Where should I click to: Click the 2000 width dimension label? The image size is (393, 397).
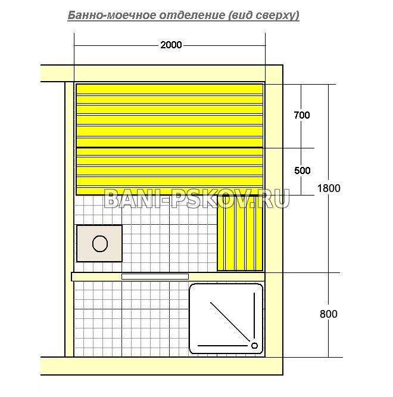[171, 45]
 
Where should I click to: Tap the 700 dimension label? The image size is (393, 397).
[302, 115]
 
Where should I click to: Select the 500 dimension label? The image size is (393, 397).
[302, 170]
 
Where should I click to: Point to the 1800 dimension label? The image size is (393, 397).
[329, 188]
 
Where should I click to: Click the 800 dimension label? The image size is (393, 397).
[329, 314]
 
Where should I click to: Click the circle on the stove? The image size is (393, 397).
[100, 244]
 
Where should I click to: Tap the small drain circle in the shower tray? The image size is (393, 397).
[254, 345]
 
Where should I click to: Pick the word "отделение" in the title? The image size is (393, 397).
[192, 15]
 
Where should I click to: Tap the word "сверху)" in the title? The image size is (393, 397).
[277, 15]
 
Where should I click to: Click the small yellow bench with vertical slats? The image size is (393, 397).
[240, 233]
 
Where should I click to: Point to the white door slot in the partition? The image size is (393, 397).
[155, 277]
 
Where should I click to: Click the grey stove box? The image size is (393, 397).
[99, 243]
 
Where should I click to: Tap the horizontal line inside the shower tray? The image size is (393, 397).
[223, 345]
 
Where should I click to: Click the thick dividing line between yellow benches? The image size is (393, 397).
[170, 147]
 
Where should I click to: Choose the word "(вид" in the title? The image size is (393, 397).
[240, 15]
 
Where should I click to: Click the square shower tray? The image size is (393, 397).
[226, 318]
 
